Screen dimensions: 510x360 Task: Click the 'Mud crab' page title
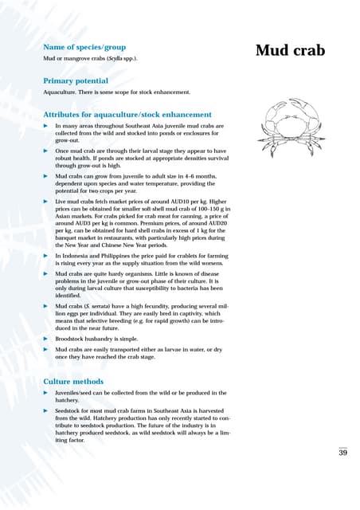coord(290,51)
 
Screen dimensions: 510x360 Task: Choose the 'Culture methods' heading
coord(72,382)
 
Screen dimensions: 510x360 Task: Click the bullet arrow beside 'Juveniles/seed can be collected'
coord(45,393)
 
